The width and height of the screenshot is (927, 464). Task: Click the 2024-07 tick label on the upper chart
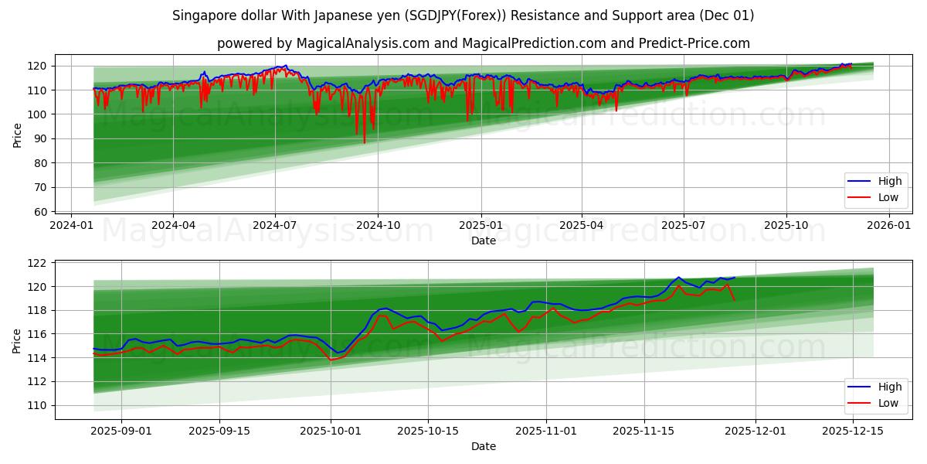[275, 225]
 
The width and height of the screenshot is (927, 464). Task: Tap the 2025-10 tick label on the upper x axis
[786, 225]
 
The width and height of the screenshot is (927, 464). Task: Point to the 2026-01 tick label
[889, 225]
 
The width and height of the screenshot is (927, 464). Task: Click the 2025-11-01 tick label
[546, 432]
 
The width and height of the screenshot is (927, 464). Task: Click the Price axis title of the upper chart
[17, 135]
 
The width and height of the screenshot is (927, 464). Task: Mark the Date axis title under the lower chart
[484, 446]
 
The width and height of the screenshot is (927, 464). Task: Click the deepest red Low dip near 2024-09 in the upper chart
[365, 142]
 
